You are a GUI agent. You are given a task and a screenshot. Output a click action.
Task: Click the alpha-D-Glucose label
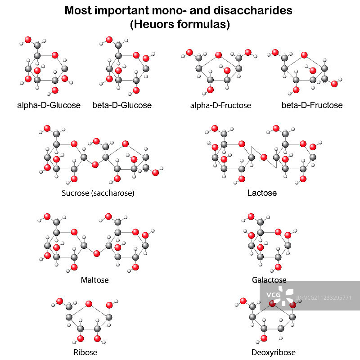click(x=49, y=105)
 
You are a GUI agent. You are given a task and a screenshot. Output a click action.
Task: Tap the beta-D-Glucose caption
click(x=122, y=105)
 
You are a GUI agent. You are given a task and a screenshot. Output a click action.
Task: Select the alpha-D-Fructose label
click(x=220, y=105)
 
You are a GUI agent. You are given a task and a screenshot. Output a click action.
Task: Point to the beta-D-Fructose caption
click(x=312, y=105)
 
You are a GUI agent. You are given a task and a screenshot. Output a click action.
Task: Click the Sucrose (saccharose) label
click(x=98, y=193)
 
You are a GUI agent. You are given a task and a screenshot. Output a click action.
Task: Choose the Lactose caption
click(x=262, y=193)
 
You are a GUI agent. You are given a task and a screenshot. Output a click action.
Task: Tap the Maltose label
click(x=94, y=280)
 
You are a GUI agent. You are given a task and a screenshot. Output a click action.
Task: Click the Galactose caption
click(x=269, y=280)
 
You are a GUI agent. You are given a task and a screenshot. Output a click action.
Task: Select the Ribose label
click(x=85, y=352)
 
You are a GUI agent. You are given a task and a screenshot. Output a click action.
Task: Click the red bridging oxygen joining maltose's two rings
click(x=96, y=254)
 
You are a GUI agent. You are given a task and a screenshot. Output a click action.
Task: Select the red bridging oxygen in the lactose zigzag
click(x=264, y=157)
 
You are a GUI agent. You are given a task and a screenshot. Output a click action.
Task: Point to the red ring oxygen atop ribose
click(x=88, y=303)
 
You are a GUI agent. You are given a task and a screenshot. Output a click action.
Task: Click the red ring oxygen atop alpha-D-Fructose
click(x=218, y=55)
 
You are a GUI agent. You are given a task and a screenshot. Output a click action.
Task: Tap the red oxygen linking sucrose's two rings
click(x=95, y=165)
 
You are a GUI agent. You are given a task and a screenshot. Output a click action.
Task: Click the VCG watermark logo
click(x=274, y=295)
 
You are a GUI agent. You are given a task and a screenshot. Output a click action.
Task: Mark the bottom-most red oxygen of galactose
click(x=277, y=267)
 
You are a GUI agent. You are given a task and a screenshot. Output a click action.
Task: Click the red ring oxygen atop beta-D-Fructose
click(x=304, y=55)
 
